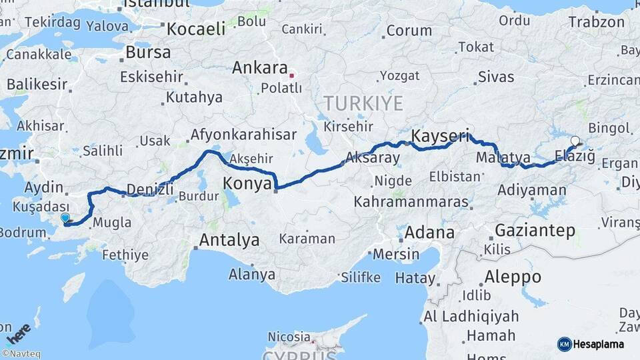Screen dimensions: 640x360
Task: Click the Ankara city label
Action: pos(259,68)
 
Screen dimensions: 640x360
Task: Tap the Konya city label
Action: pos(247,183)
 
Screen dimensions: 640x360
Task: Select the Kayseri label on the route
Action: pos(440,135)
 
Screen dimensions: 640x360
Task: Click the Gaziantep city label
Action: pos(535,231)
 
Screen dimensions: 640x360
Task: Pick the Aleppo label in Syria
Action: pos(513,276)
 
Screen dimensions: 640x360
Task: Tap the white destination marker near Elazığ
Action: pos(575,141)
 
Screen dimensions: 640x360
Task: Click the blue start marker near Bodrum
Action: pos(65,218)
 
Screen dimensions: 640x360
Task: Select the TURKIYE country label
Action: pos(363,103)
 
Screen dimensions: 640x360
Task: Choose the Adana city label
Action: pos(429,233)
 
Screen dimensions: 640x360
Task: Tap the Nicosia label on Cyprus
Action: pos(289,337)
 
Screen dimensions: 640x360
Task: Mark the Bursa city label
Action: pos(148,52)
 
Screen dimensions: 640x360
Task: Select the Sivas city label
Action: pos(496,77)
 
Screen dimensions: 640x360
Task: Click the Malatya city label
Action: pos(503,158)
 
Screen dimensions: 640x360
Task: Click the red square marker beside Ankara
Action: pos(291,75)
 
